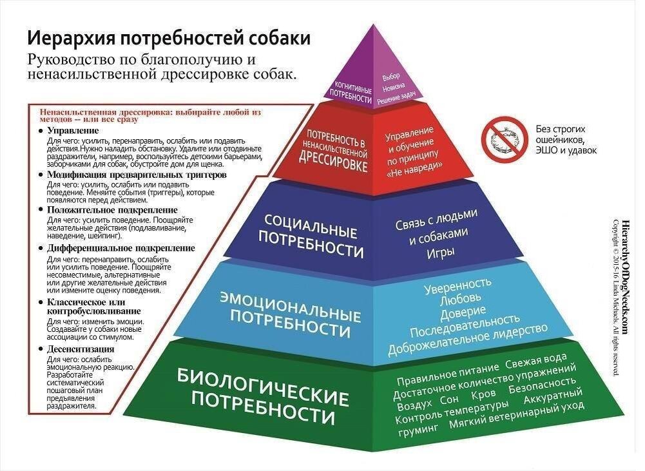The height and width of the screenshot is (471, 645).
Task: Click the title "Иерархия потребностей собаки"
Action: click(168, 38)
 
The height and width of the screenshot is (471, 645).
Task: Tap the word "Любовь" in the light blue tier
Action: click(459, 299)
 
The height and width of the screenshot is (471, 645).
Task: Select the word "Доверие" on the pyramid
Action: click(462, 314)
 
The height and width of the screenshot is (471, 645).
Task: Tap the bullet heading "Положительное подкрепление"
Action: click(112, 210)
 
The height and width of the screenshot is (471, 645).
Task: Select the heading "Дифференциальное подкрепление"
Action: click(121, 248)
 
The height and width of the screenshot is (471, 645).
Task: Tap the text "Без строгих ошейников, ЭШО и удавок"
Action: click(566, 139)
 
